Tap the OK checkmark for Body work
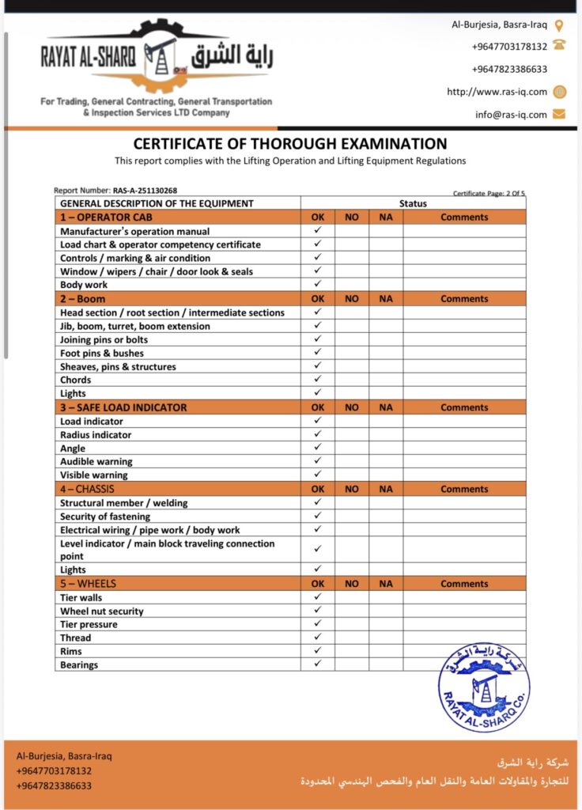318,284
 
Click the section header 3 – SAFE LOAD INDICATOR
123,407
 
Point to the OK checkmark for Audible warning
318,461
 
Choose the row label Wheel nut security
102,611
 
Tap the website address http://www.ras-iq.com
497,92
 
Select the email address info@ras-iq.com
511,115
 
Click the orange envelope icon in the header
559,114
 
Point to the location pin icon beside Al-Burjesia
559,25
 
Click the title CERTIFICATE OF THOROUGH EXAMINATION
290,144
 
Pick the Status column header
413,203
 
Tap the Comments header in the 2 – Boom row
464,299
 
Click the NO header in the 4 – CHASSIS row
352,489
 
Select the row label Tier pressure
89,624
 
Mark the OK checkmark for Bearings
318,664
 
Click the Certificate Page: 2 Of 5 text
489,193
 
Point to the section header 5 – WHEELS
88,584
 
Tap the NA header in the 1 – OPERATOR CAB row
386,217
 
